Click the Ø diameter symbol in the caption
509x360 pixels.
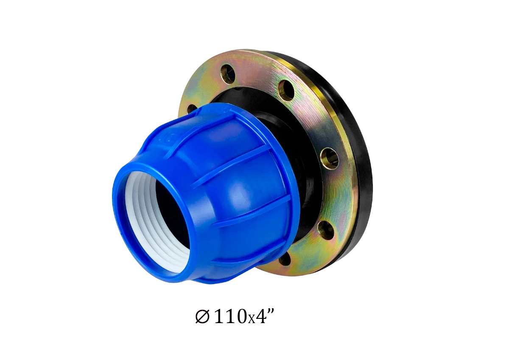tap(202, 317)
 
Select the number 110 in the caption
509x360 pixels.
tap(230, 317)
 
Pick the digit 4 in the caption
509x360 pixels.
tap(260, 317)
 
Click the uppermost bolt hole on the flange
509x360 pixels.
tap(227, 73)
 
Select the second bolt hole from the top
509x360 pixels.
tap(286, 90)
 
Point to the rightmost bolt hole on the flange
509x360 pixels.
tap(329, 158)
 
